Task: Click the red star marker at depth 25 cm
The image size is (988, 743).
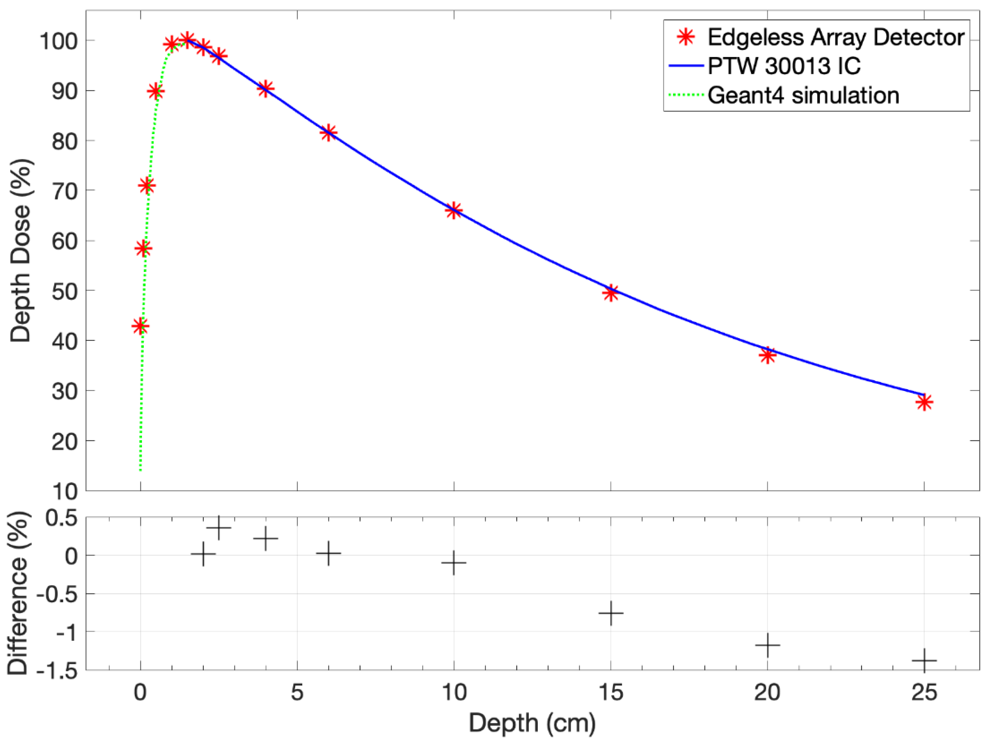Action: click(x=924, y=402)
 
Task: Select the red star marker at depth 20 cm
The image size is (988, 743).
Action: click(x=767, y=355)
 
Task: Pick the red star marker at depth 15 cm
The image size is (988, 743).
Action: click(x=610, y=293)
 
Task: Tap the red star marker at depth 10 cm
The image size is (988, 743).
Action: click(x=454, y=210)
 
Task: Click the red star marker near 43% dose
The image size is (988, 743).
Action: click(x=141, y=326)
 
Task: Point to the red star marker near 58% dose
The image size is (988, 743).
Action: click(x=143, y=248)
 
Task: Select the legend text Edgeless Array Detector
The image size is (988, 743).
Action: click(x=836, y=37)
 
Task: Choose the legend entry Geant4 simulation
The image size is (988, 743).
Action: click(x=803, y=95)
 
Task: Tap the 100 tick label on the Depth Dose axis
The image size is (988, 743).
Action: click(x=59, y=42)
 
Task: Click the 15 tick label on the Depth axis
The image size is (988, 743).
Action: click(x=610, y=692)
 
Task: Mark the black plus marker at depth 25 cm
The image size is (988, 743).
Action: click(x=924, y=660)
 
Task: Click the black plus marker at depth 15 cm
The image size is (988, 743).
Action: click(x=610, y=613)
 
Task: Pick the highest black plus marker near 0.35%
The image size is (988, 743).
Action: click(x=219, y=528)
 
